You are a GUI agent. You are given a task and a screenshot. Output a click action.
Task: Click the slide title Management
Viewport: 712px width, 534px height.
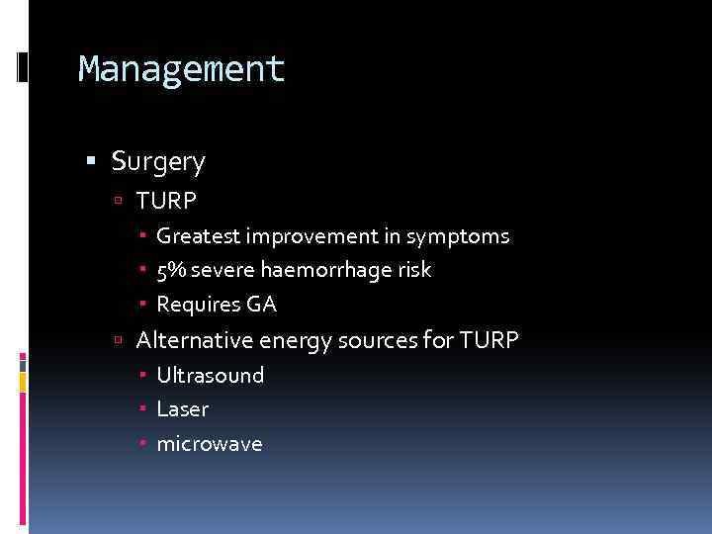[182, 69]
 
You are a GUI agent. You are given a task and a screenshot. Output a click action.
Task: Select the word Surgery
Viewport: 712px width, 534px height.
[158, 160]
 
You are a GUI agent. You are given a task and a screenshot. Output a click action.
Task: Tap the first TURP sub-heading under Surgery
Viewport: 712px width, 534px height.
[167, 201]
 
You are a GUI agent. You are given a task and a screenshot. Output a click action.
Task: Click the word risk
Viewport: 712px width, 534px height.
[414, 270]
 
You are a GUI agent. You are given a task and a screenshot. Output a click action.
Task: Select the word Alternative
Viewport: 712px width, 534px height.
[194, 340]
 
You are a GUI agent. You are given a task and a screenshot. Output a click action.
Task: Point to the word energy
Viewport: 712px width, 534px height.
[292, 341]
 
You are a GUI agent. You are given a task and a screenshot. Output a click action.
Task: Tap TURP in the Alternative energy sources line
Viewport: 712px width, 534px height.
[489, 340]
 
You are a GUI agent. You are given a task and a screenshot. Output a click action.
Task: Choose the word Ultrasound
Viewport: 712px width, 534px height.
[211, 376]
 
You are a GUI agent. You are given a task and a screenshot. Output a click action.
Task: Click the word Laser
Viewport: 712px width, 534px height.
[183, 409]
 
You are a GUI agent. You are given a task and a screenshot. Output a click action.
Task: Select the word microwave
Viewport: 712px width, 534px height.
[210, 444]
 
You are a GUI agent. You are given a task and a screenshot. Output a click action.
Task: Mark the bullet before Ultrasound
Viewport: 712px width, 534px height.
[143, 376]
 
